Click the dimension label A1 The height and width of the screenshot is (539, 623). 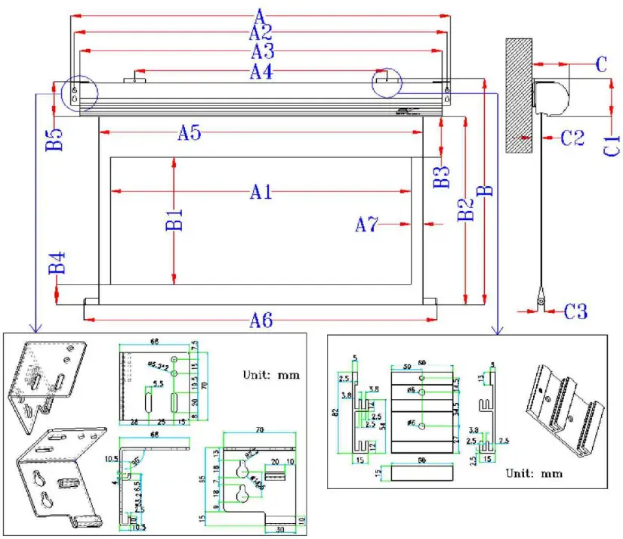click(260, 192)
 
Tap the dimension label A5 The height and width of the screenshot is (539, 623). click(189, 133)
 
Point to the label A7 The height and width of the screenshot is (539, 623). click(368, 224)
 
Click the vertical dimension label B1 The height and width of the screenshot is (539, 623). click(174, 220)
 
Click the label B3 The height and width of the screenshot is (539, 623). click(442, 176)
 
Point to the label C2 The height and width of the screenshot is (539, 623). click(572, 138)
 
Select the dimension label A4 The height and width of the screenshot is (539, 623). click(261, 73)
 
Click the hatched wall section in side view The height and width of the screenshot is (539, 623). click(519, 94)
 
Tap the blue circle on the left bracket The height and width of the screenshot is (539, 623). click(80, 94)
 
